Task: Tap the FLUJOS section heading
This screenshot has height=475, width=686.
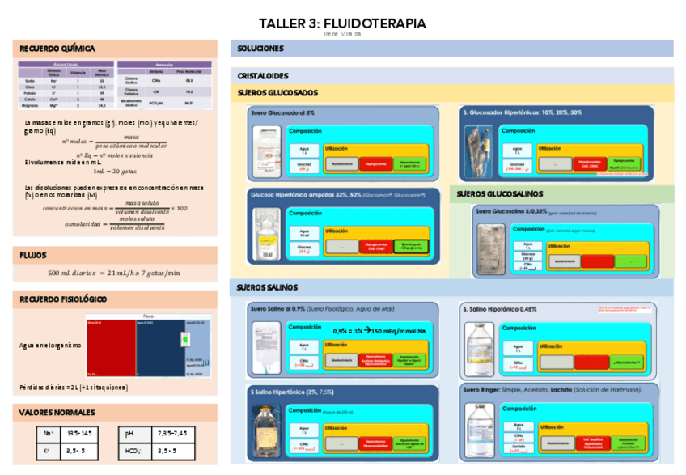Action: (x=33, y=255)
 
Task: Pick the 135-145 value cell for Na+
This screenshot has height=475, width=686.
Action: (x=81, y=435)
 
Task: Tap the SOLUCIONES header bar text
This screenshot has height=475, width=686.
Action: (x=260, y=49)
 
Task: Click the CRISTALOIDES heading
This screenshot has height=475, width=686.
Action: (x=264, y=75)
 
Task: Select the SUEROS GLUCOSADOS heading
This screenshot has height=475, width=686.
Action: (x=277, y=93)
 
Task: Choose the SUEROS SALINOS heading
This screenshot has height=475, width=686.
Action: (x=267, y=287)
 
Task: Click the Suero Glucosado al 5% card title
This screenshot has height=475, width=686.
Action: (x=282, y=112)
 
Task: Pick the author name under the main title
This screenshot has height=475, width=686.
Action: (x=342, y=35)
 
